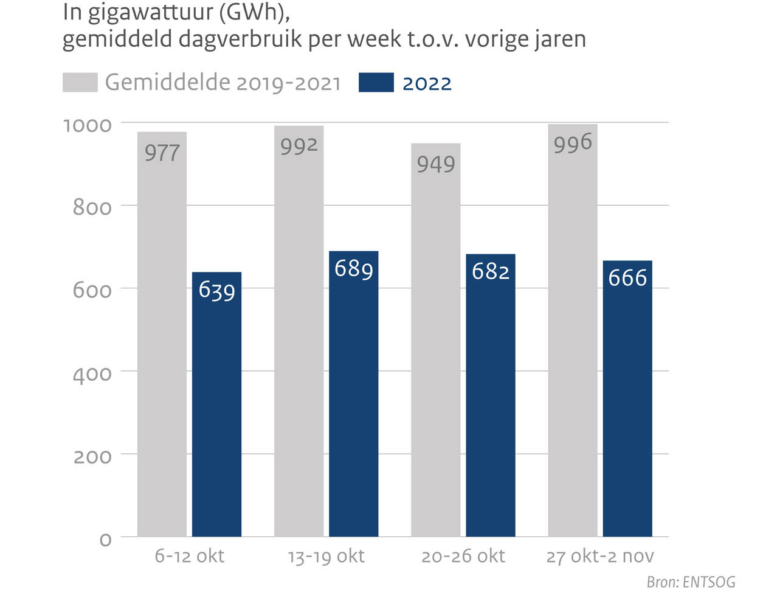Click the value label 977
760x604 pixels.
[x=162, y=153]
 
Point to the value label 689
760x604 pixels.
[x=353, y=268]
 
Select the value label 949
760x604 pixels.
[x=435, y=164]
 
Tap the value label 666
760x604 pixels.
[x=627, y=278]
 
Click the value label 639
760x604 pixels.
[x=216, y=290]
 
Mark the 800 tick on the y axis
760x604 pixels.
[x=92, y=207]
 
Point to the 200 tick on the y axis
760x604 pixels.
[x=92, y=456]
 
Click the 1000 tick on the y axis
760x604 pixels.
[x=88, y=125]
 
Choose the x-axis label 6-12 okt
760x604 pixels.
[x=189, y=556]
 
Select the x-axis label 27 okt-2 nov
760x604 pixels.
[x=599, y=556]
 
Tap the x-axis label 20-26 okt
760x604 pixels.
[x=463, y=556]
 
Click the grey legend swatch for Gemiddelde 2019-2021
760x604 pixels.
[x=80, y=83]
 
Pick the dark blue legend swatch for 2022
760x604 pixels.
[x=376, y=83]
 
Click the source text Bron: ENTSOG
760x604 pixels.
[x=691, y=582]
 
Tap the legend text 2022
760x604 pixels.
[x=427, y=83]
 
